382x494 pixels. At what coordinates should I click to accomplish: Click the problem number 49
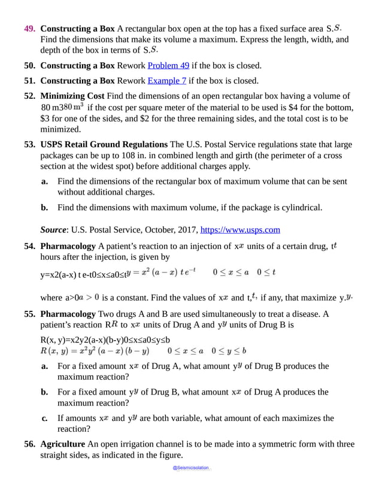coord(31,29)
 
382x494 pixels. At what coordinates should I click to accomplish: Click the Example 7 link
coord(167,81)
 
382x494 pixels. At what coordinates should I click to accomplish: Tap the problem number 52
coord(31,96)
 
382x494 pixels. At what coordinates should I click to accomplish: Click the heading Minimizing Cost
coord(72,96)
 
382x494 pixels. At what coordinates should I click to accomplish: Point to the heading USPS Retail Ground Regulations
coord(104,144)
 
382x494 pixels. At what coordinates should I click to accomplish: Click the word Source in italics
coord(53,229)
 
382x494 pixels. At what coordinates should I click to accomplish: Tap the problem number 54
coord(31,246)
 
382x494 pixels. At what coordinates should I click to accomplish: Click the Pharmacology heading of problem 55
coord(68,314)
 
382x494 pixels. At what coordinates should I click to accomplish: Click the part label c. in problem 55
coord(45,418)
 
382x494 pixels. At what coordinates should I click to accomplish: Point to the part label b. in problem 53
coord(45,208)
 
